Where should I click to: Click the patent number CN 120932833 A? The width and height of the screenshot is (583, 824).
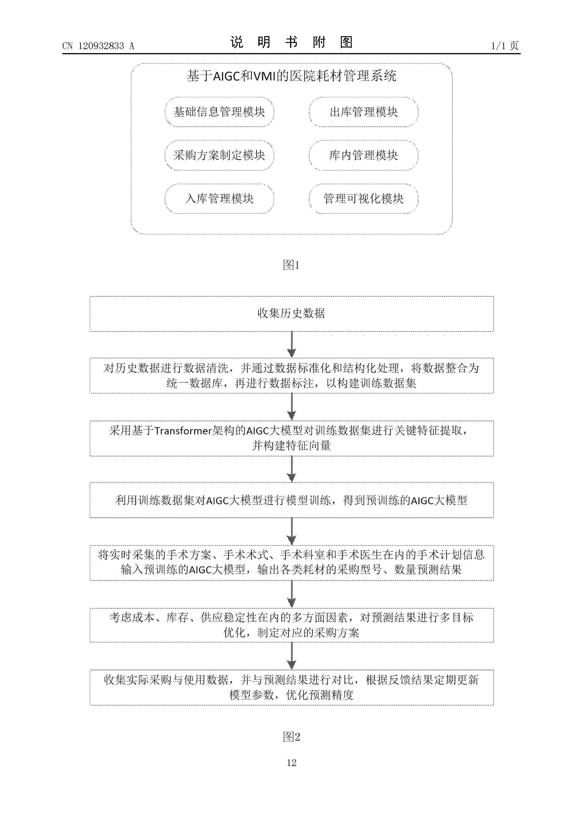[98, 46]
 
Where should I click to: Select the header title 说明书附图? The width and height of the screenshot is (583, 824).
[291, 42]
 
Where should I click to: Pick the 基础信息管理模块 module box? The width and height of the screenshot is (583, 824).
[219, 112]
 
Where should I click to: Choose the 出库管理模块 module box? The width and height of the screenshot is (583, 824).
[363, 112]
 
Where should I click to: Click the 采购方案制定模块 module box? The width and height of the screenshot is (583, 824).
[219, 155]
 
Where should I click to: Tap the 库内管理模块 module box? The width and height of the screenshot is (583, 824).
[363, 155]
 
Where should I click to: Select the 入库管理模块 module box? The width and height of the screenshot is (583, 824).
[219, 198]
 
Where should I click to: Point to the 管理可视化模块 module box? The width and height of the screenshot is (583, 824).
[363, 198]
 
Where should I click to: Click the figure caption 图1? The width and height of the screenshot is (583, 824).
[291, 265]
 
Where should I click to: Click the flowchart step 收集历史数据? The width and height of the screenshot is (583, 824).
[291, 313]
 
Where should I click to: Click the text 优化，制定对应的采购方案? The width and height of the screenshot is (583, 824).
[291, 633]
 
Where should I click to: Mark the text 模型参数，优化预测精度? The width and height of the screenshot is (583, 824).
[291, 695]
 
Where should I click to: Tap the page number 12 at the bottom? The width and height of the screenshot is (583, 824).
[291, 763]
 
